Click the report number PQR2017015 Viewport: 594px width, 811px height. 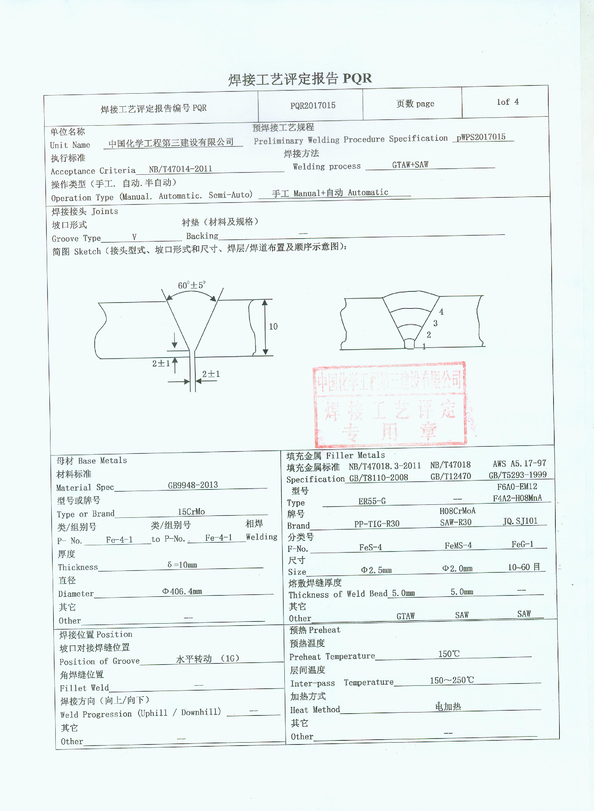pyautogui.click(x=313, y=106)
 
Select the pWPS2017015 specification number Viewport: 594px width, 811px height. pyautogui.click(x=481, y=137)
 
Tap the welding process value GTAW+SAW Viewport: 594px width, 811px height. pyautogui.click(x=410, y=165)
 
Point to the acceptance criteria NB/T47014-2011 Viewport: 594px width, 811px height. pyautogui.click(x=180, y=169)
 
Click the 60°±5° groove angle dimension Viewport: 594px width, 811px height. pyautogui.click(x=191, y=285)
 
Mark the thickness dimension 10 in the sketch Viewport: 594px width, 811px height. pyautogui.click(x=273, y=326)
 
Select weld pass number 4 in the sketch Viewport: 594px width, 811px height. pyautogui.click(x=441, y=312)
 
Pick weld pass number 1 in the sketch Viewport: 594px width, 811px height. pyautogui.click(x=424, y=346)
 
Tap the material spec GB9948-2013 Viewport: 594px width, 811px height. pyautogui.click(x=193, y=485)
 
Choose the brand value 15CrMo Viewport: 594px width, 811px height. pyautogui.click(x=191, y=512)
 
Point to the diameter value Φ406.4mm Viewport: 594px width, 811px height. pyautogui.click(x=182, y=591)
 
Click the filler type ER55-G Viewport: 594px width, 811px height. pyautogui.click(x=372, y=501)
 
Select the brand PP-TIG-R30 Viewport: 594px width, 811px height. pyautogui.click(x=377, y=524)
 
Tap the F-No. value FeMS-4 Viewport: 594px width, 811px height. pyautogui.click(x=458, y=546)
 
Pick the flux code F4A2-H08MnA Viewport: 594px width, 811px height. pyautogui.click(x=517, y=498)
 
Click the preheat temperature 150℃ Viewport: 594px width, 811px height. pyautogui.click(x=449, y=654)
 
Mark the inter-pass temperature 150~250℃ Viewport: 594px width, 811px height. pyautogui.click(x=452, y=681)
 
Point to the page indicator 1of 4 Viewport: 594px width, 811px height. pyautogui.click(x=507, y=102)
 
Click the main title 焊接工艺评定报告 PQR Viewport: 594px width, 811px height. pyautogui.click(x=300, y=79)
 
